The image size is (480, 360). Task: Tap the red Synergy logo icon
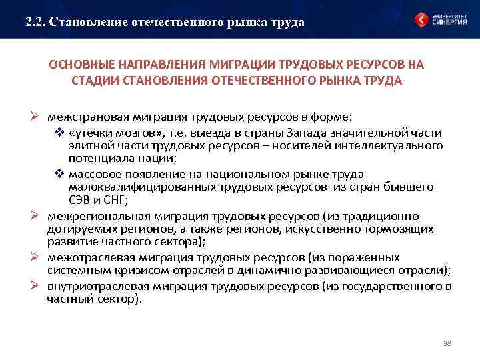421,20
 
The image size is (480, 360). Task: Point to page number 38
447,343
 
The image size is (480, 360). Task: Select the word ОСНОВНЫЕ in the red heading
79,65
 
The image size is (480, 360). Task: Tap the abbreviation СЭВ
79,200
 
